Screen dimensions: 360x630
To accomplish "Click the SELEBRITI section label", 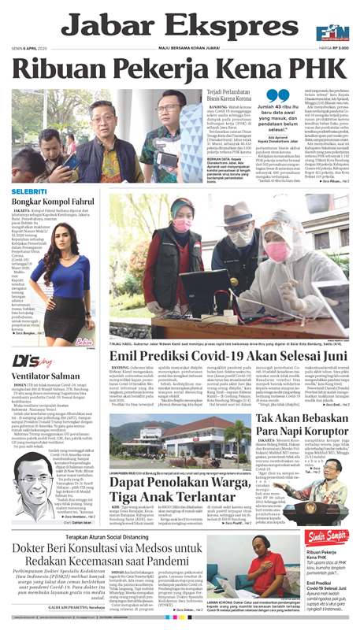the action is pyautogui.click(x=29, y=191).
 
